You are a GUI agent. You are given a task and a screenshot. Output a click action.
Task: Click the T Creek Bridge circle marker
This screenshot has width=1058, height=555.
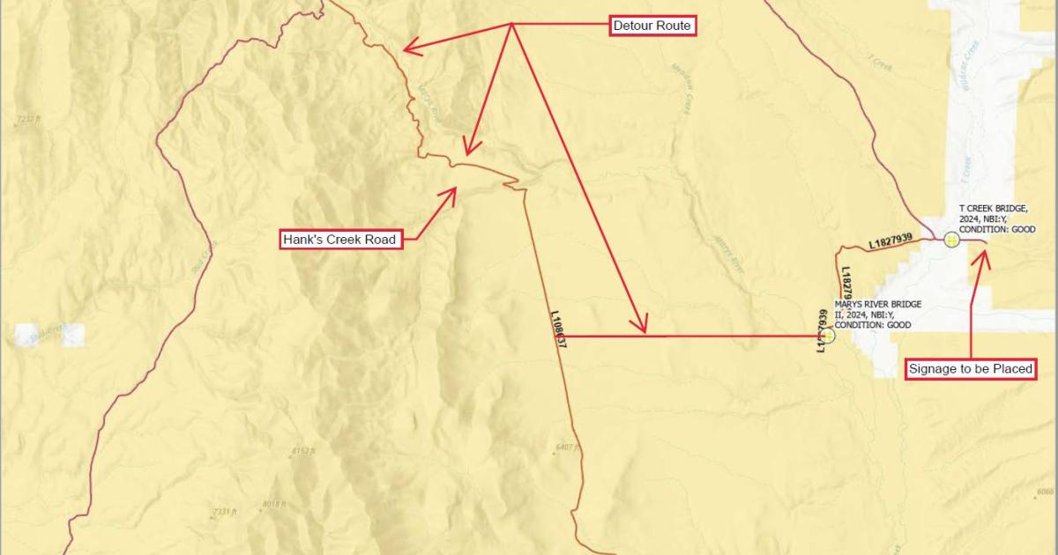click(951, 239)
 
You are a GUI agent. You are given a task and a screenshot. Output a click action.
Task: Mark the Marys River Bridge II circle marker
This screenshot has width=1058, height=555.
click(827, 336)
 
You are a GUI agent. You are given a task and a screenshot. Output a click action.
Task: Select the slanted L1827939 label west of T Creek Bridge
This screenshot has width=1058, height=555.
click(901, 240)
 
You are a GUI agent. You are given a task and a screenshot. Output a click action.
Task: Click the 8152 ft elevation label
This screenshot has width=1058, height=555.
click(302, 452)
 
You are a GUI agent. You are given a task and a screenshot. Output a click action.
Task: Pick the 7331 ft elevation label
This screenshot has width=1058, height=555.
click(226, 512)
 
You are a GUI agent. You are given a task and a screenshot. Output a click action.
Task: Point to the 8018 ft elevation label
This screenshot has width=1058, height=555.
click(273, 504)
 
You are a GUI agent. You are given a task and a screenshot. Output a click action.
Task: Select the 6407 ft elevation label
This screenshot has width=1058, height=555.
click(568, 448)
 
